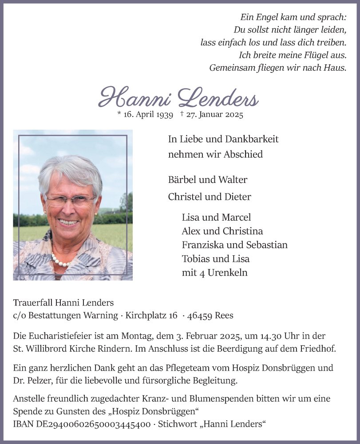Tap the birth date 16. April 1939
(145, 115)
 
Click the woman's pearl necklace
(62, 260)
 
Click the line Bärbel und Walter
(208, 180)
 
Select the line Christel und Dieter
(210, 197)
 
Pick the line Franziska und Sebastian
(234, 245)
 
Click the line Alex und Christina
(222, 231)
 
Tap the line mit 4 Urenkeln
(214, 273)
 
